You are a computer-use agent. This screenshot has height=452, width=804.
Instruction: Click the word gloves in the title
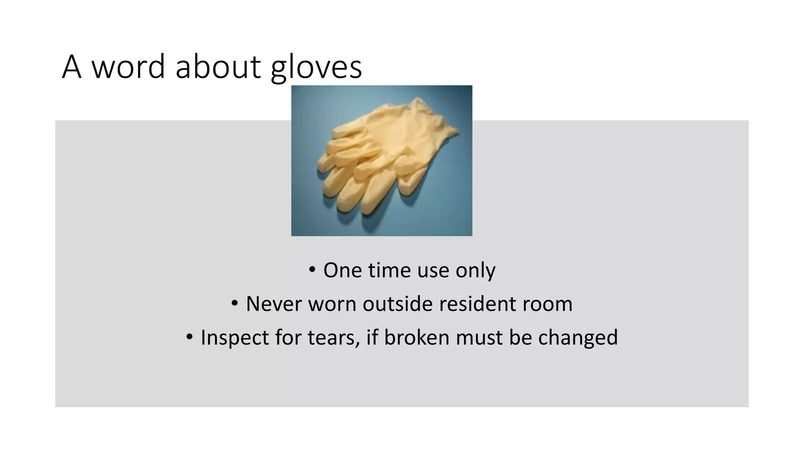(316, 67)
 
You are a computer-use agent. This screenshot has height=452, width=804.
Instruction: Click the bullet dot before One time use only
(312, 270)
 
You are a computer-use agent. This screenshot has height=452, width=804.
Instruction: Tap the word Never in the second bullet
(274, 304)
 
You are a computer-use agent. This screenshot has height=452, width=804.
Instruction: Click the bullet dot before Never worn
(235, 303)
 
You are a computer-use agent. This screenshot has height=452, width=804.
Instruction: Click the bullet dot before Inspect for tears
(190, 337)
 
